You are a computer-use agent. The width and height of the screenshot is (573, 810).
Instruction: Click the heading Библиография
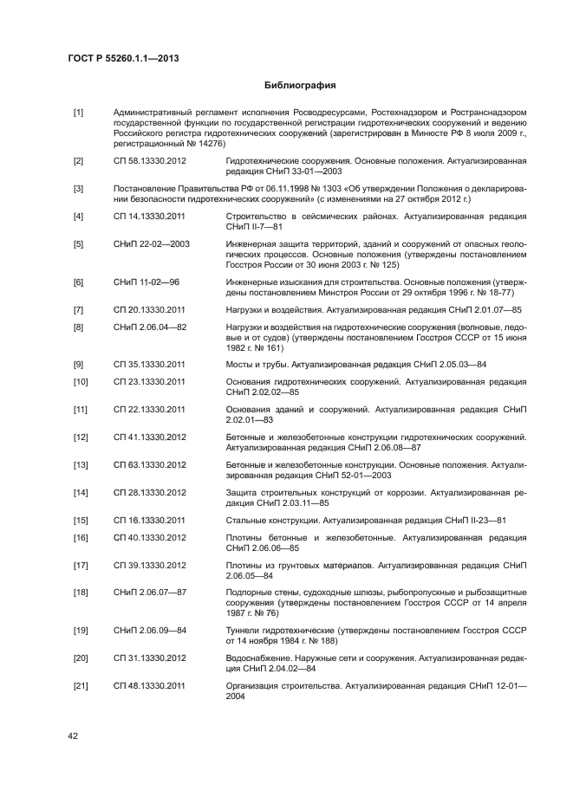(299, 86)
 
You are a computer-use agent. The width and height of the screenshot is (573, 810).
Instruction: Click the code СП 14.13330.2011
(149, 216)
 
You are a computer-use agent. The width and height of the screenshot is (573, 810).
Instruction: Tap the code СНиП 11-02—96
(145, 282)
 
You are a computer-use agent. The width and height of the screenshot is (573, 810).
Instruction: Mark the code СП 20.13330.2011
(149, 309)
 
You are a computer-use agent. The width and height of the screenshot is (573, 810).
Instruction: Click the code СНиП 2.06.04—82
(149, 327)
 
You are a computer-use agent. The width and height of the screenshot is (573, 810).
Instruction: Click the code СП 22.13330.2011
(149, 409)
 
